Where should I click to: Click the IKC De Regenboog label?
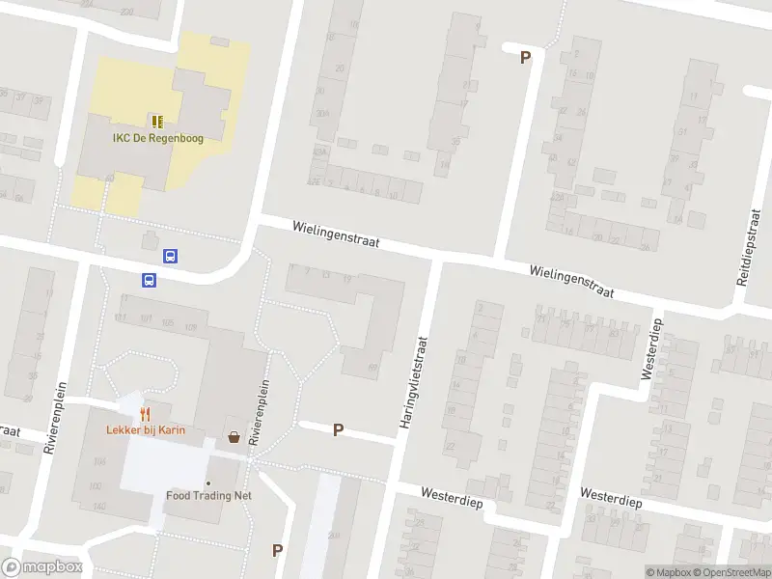point(156,139)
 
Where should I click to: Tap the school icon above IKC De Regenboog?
point(156,122)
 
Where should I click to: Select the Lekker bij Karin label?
point(146,430)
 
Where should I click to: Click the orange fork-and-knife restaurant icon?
point(146,413)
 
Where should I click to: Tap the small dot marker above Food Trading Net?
point(207,482)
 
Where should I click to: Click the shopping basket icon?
point(234,437)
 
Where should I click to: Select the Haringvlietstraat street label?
point(412,383)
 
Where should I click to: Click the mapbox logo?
point(41,567)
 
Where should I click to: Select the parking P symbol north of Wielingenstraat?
point(526,58)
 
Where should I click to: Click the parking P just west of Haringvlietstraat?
point(338,430)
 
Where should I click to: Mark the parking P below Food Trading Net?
point(277,550)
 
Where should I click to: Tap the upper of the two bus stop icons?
point(170,257)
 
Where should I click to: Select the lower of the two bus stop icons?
point(150,280)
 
